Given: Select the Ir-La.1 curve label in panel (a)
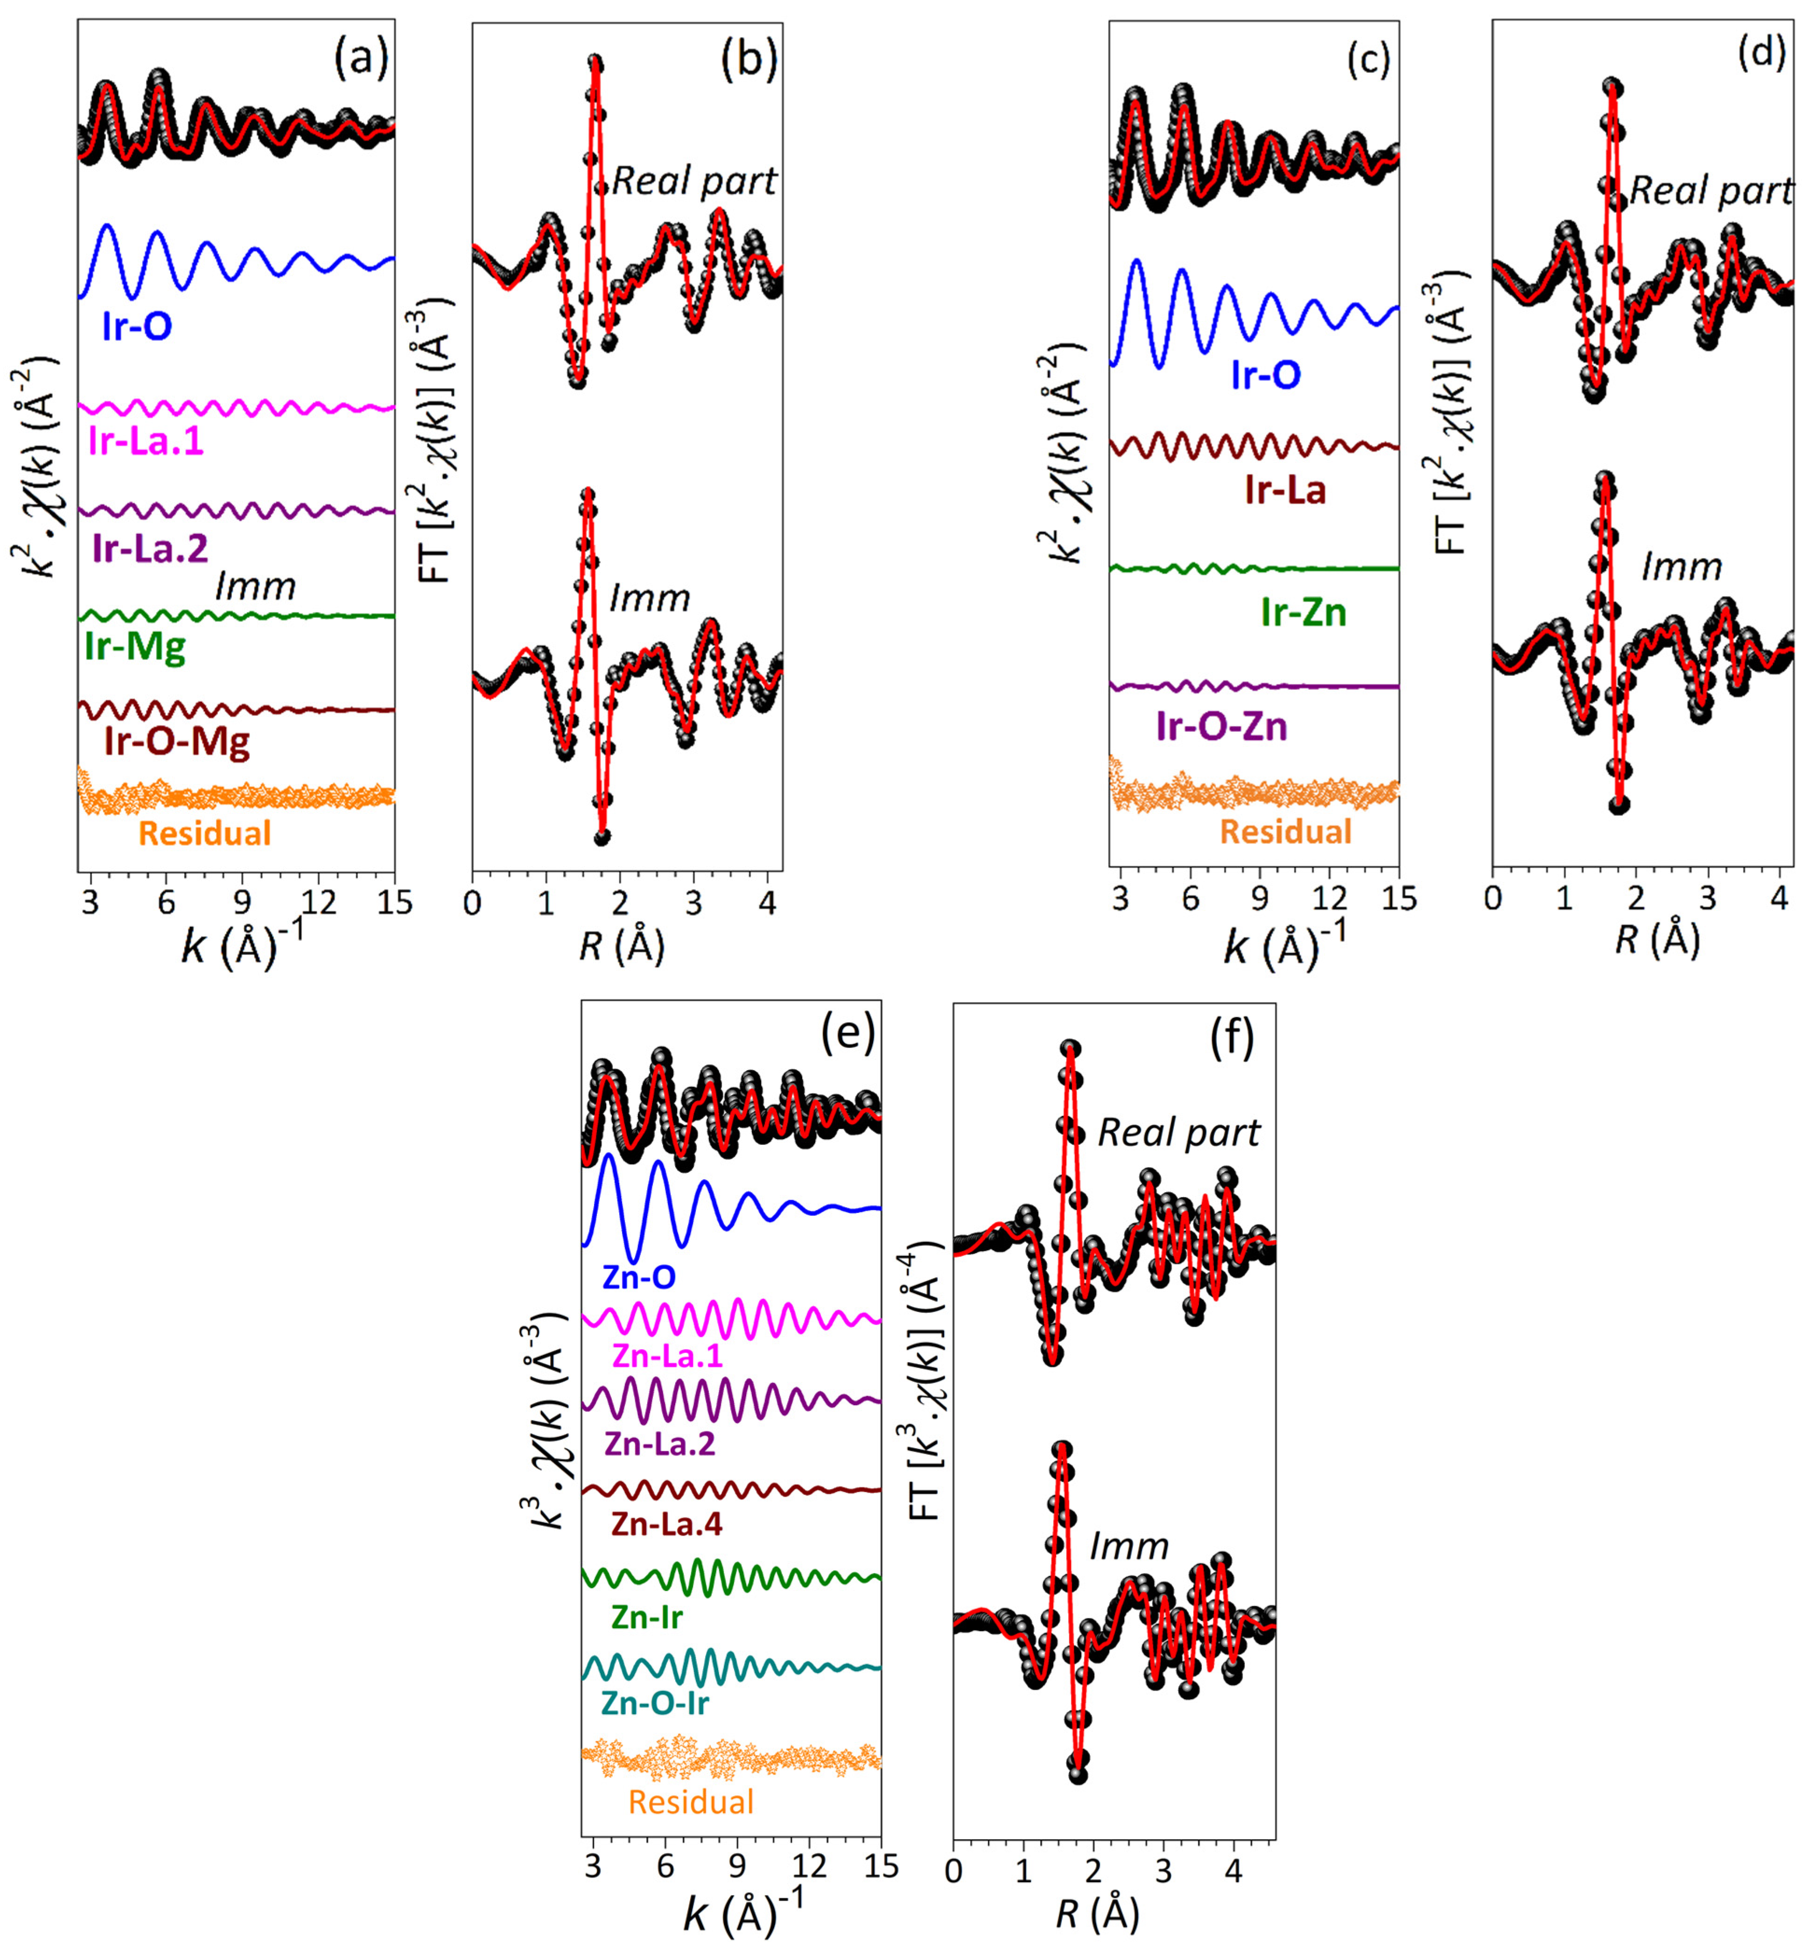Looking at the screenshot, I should pyautogui.click(x=146, y=441).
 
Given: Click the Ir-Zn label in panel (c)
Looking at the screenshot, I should pyautogui.click(x=1303, y=613).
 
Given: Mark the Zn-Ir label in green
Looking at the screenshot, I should pyautogui.click(x=646, y=1617).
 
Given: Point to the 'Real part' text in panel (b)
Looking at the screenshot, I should pyautogui.click(x=694, y=181).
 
